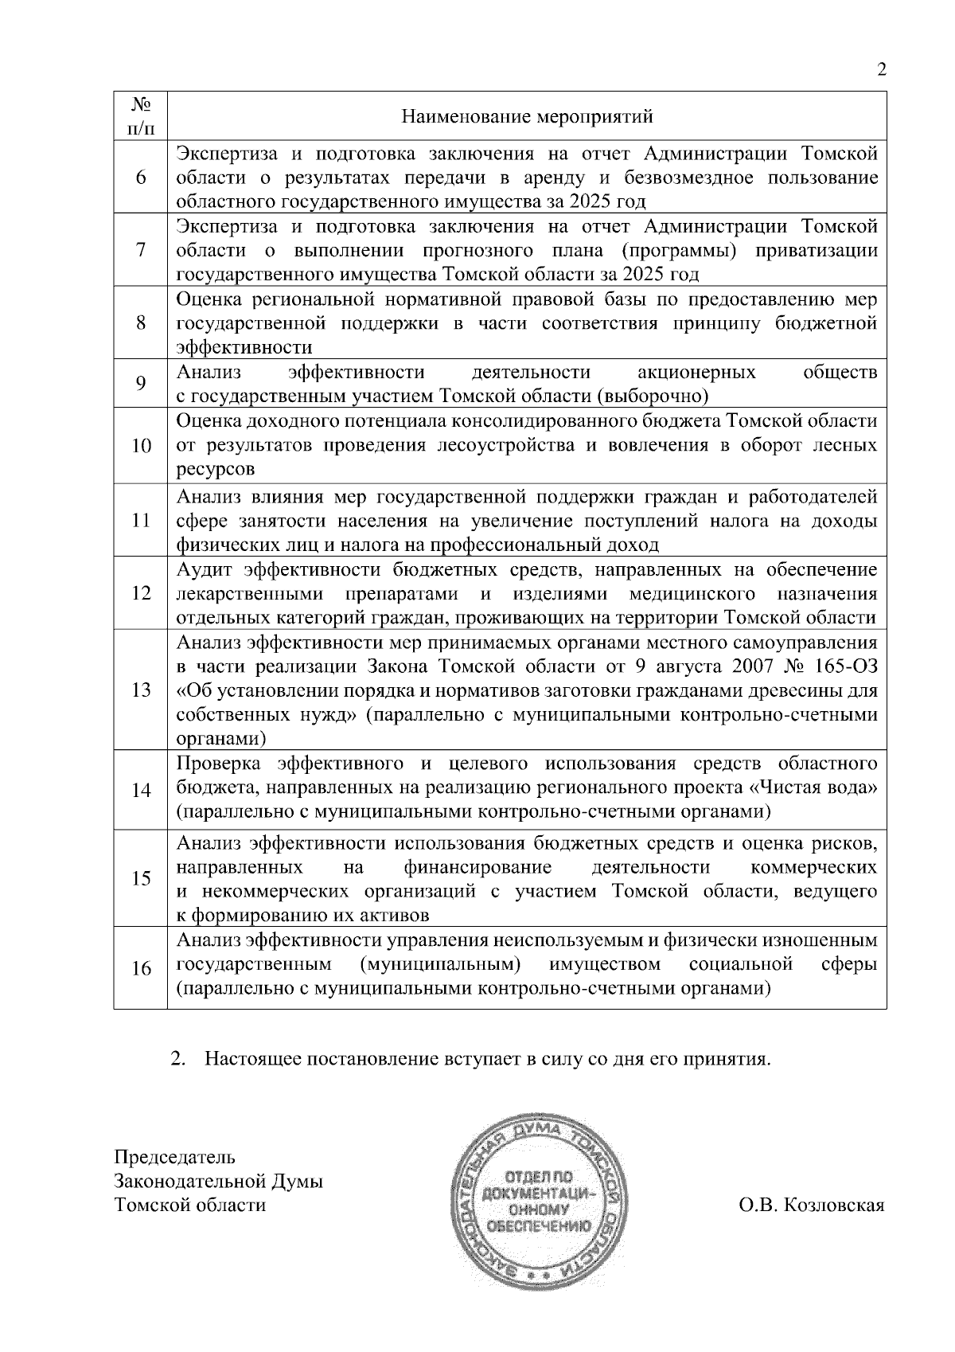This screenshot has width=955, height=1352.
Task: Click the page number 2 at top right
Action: pyautogui.click(x=881, y=70)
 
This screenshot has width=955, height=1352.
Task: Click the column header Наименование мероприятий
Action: pyautogui.click(x=527, y=117)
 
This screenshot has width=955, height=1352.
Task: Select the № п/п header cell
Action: pyautogui.click(x=141, y=116)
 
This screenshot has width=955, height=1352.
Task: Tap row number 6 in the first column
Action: pyautogui.click(x=141, y=178)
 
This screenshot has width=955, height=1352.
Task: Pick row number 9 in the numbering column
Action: pyautogui.click(x=141, y=384)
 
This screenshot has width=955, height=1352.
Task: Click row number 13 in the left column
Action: pyautogui.click(x=141, y=690)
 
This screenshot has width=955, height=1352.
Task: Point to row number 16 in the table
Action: pyautogui.click(x=141, y=968)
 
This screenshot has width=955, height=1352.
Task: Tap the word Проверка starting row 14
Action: pyautogui.click(x=218, y=764)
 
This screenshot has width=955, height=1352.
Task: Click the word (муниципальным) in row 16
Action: pyautogui.click(x=441, y=964)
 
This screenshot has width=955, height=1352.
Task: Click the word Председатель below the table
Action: pyautogui.click(x=175, y=1156)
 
